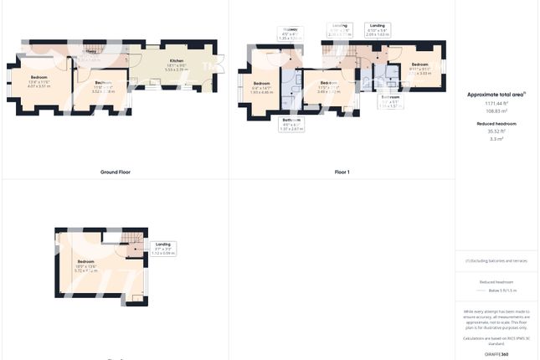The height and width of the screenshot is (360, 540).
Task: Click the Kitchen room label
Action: (177, 62)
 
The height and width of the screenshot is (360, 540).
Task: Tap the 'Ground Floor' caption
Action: (115, 172)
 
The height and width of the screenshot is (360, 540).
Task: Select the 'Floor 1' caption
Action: (342, 172)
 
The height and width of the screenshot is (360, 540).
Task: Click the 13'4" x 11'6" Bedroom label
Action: (39, 81)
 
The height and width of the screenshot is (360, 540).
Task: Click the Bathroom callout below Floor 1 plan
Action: (291, 124)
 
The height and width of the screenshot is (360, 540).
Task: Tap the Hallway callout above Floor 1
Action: (290, 33)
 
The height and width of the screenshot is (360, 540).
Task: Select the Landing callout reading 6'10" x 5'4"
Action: (378, 30)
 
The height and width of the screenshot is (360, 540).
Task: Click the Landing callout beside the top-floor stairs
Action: (162, 248)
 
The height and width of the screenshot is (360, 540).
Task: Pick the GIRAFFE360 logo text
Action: (496, 355)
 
